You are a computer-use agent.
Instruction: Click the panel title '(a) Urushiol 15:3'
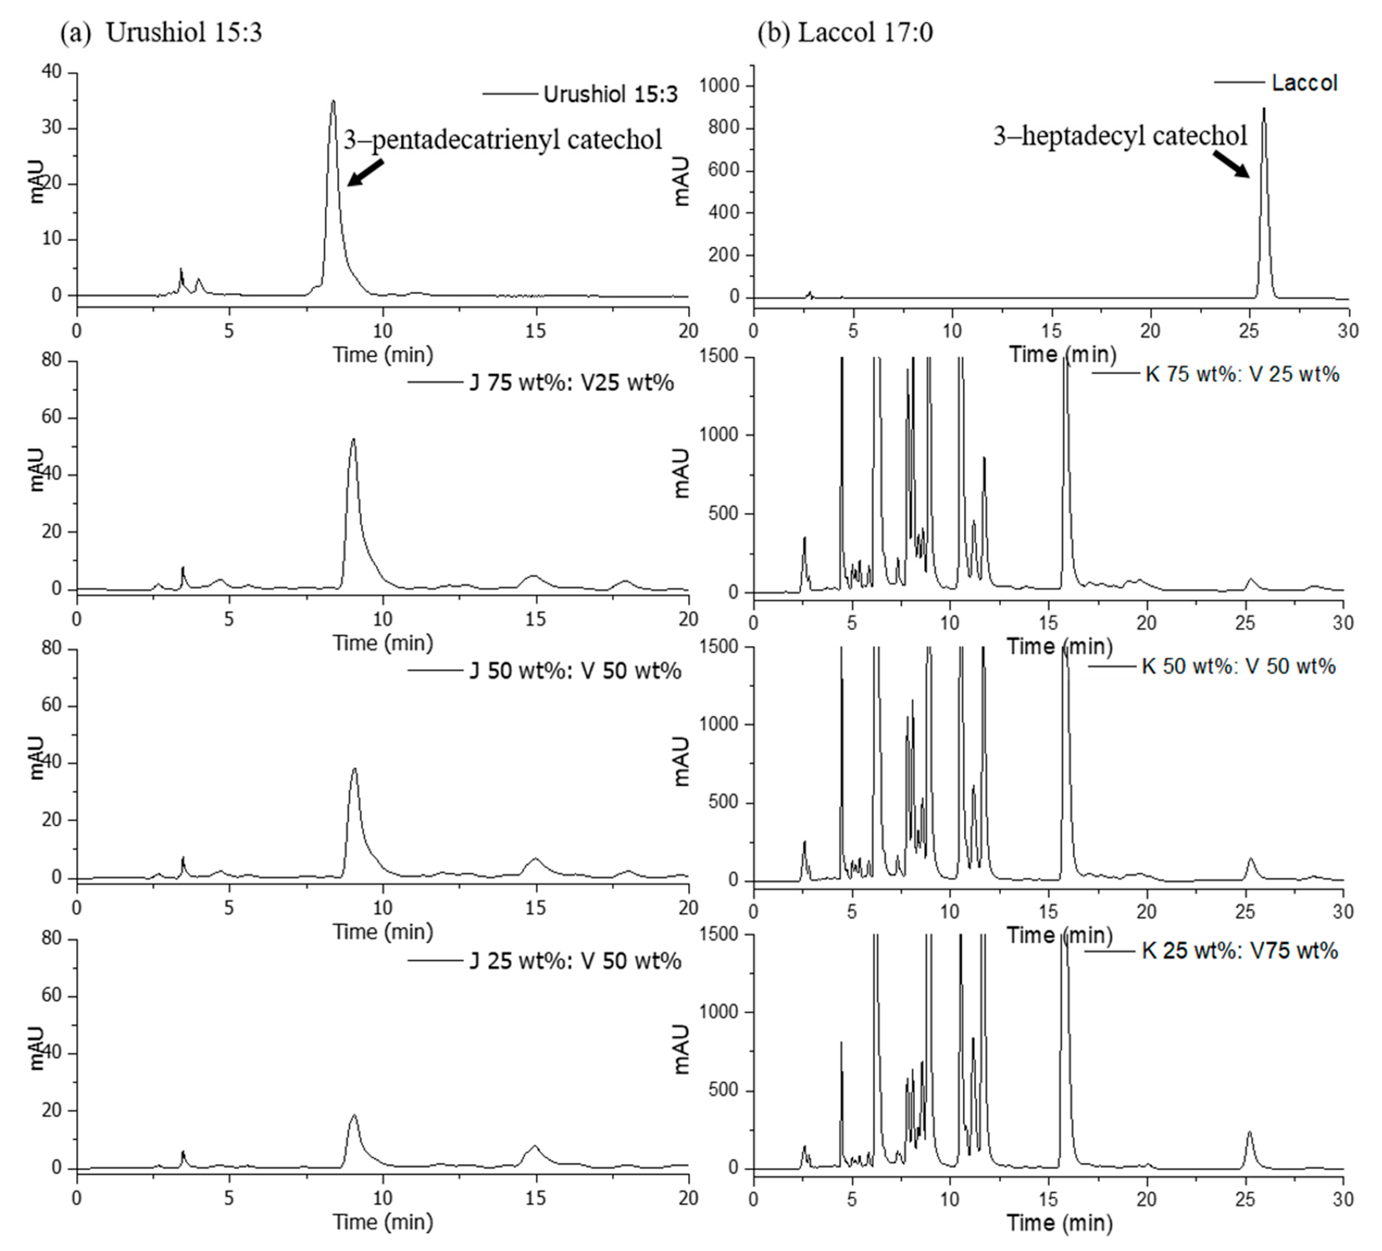(x=161, y=32)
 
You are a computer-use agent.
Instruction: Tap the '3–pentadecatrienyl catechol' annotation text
(x=502, y=140)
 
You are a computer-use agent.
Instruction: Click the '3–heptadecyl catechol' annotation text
(x=1120, y=136)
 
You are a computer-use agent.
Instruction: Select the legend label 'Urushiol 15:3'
(x=610, y=94)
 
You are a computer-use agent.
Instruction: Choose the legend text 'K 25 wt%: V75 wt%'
(x=1240, y=950)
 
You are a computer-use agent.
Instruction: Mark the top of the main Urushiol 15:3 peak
(x=333, y=101)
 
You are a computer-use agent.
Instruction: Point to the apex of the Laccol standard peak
(x=1263, y=108)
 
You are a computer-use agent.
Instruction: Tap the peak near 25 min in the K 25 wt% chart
(x=1249, y=1132)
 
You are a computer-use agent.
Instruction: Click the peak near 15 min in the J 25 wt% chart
(x=535, y=1146)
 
